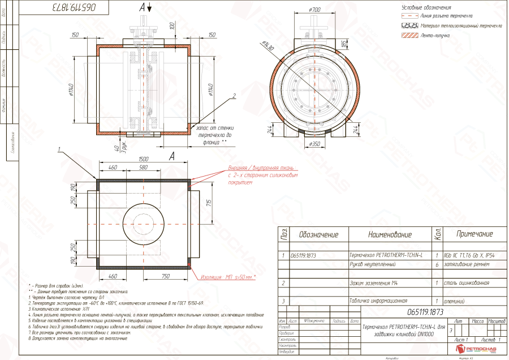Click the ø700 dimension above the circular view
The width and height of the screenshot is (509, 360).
[315, 10]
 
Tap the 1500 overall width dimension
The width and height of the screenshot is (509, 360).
[144, 159]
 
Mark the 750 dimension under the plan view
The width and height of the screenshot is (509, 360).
[166, 276]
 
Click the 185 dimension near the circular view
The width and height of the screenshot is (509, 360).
[343, 44]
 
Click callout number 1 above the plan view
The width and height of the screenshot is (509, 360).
[59, 150]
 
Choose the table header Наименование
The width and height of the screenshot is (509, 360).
[390, 234]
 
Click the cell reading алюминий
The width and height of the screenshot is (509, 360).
[456, 301]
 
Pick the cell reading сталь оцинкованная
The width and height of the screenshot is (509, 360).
[467, 282]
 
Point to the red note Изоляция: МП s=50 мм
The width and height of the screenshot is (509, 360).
[228, 277]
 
